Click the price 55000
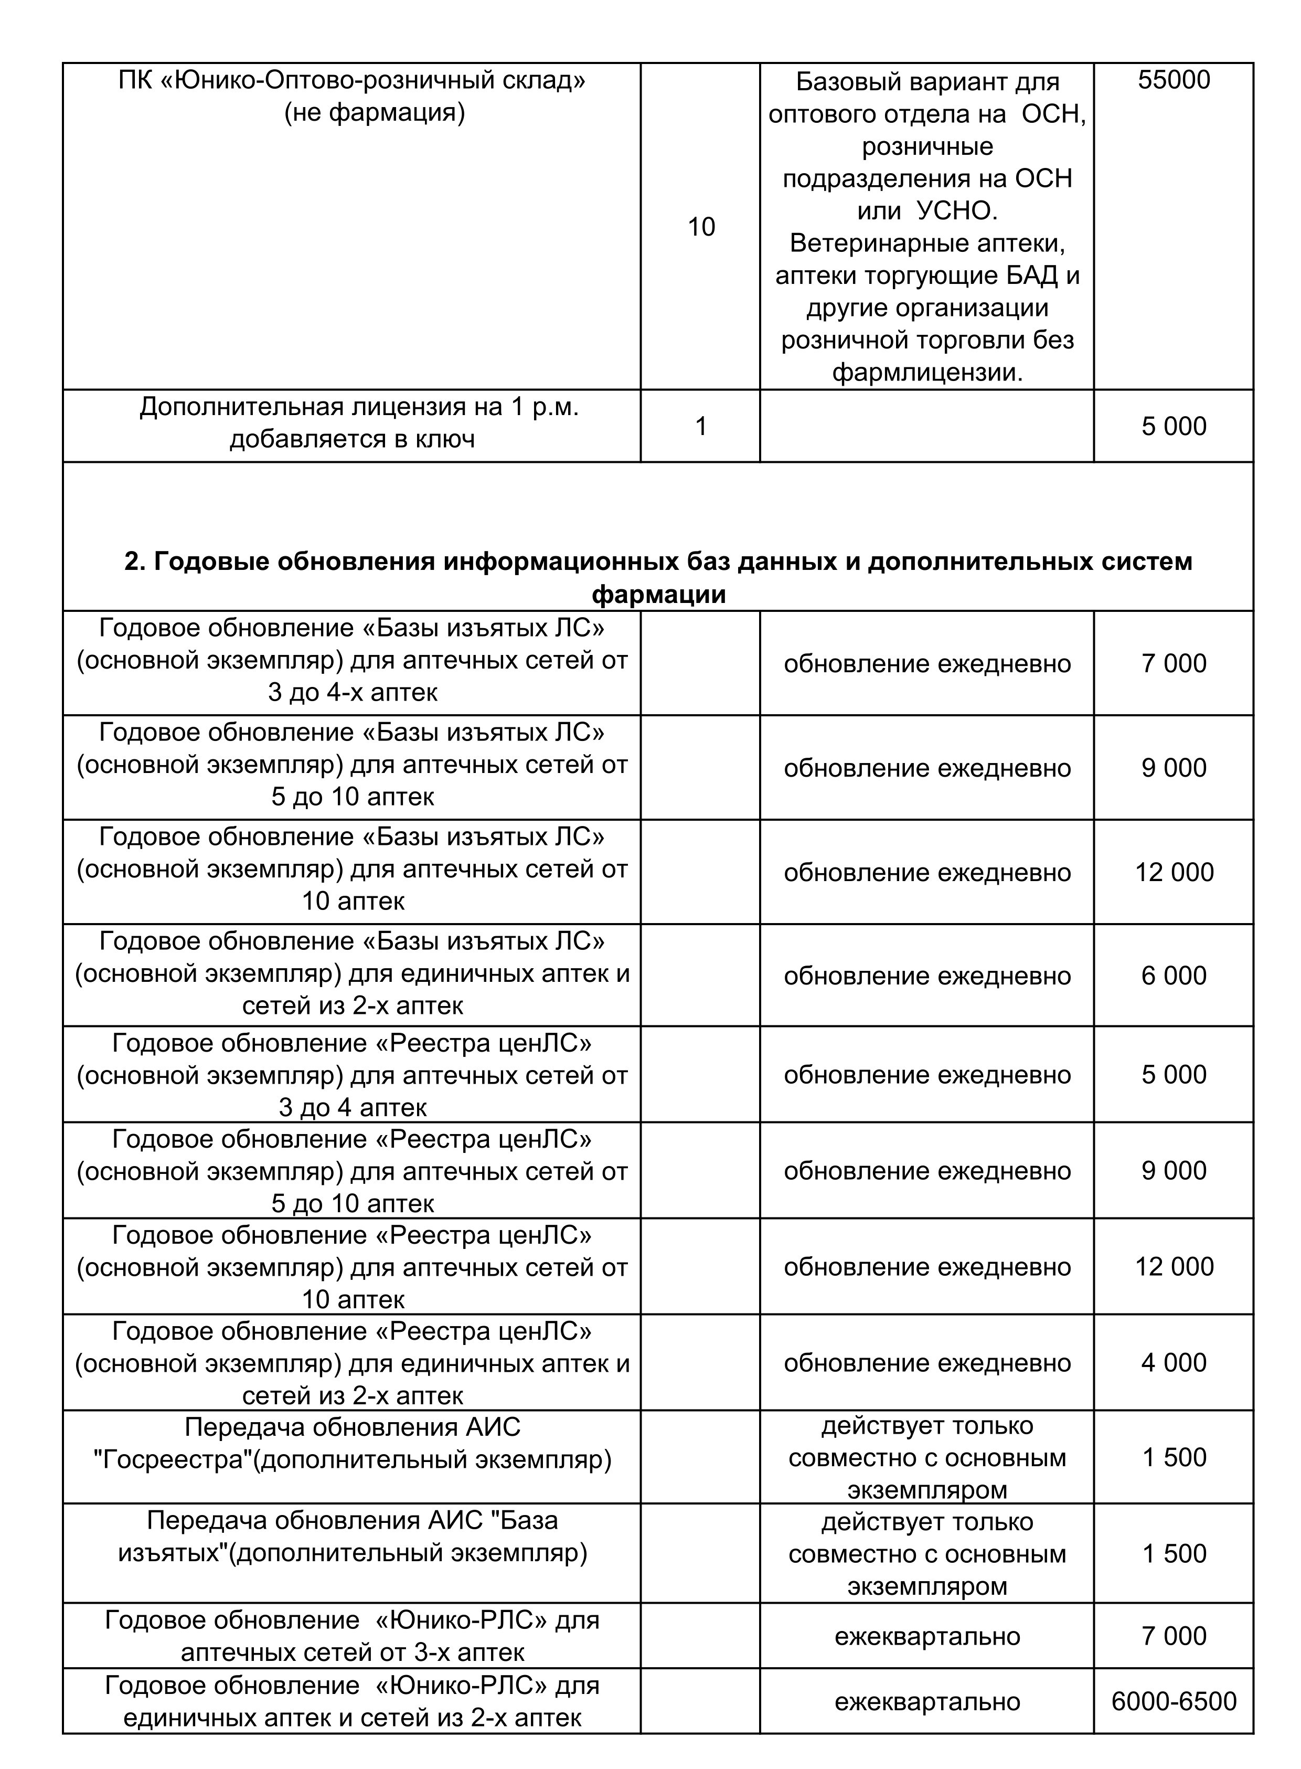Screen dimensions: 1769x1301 1174,80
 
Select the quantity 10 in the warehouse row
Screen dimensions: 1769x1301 701,227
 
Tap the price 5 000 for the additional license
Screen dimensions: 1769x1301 1174,426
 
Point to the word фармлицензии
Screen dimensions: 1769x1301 927,373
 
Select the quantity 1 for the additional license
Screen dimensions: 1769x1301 701,426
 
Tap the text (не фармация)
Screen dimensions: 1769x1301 375,113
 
